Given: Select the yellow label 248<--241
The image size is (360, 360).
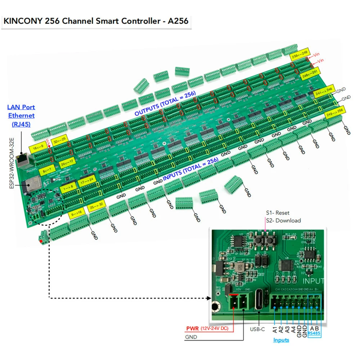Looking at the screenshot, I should [310, 72].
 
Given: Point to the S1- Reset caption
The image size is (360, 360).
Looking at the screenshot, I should [278, 213].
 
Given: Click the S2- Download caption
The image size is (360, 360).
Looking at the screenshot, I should [283, 220].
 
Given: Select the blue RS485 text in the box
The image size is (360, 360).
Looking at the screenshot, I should [314, 333].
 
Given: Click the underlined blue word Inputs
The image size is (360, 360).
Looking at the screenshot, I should [281, 340].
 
